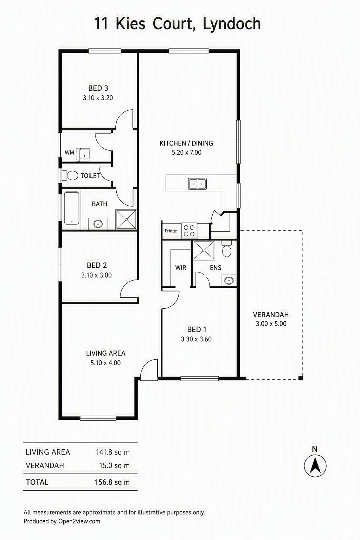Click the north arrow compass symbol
[315, 466]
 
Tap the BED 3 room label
[98, 88]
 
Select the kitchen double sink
[198, 184]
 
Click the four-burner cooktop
[189, 231]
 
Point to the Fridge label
[171, 231]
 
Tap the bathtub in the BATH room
[72, 208]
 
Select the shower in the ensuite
[204, 250]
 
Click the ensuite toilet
[226, 250]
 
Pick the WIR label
[181, 268]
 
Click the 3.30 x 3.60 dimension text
[196, 339]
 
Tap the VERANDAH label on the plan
[271, 315]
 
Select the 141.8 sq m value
[113, 452]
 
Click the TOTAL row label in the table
[37, 482]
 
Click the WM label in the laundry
[70, 153]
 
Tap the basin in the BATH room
[98, 224]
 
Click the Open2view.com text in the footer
[79, 521]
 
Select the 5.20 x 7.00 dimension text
[187, 152]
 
